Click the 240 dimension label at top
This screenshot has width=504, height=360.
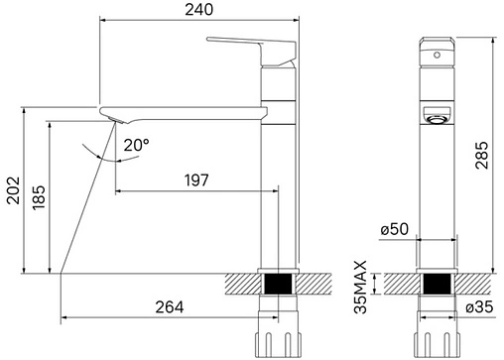[x=197, y=10]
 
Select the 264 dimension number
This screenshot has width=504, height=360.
[x=169, y=307]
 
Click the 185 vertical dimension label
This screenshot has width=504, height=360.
[x=38, y=195]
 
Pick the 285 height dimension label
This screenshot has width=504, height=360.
[x=481, y=152]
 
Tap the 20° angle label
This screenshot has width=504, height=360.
[x=136, y=145]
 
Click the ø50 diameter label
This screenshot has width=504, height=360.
[x=394, y=230]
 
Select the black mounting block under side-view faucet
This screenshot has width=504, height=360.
[x=279, y=286]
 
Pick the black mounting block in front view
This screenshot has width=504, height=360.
[x=437, y=286]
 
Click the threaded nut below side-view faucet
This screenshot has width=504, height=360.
[x=279, y=337]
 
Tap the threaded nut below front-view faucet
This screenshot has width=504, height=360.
[x=437, y=337]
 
